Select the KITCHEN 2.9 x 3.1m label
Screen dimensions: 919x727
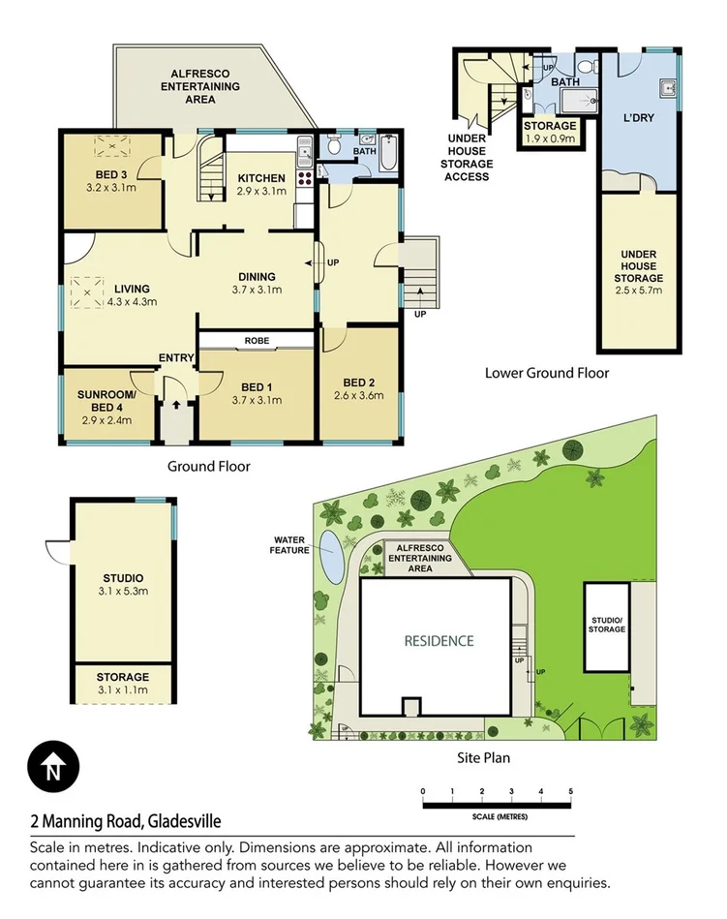pyautogui.click(x=261, y=184)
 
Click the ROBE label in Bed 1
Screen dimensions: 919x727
pyautogui.click(x=257, y=341)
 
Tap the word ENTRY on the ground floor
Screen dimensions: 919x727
pyautogui.click(x=176, y=358)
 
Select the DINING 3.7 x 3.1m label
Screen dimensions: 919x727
pyautogui.click(x=256, y=283)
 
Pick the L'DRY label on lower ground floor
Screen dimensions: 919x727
pyautogui.click(x=640, y=119)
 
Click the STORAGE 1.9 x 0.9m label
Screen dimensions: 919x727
pyautogui.click(x=550, y=132)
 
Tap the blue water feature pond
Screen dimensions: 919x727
pyautogui.click(x=331, y=552)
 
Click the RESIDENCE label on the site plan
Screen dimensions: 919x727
pyautogui.click(x=439, y=640)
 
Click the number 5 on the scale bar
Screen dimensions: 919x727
pyautogui.click(x=571, y=792)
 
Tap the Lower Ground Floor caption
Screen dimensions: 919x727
pyautogui.click(x=547, y=373)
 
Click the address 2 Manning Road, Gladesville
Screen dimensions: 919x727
pyautogui.click(x=125, y=822)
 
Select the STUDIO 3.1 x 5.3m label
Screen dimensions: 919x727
pyautogui.click(x=124, y=584)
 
